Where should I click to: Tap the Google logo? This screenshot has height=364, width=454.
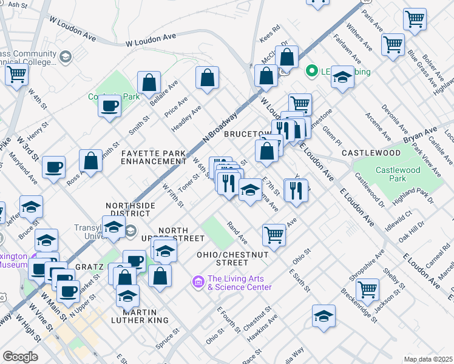click(x=20, y=357)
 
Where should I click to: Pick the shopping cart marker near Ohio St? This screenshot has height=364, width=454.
click(x=274, y=234)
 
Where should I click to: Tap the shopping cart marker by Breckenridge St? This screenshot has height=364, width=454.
click(x=368, y=289)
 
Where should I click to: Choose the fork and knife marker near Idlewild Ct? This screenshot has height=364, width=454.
click(x=297, y=190)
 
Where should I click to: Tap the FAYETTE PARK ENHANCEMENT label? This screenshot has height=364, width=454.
click(x=154, y=158)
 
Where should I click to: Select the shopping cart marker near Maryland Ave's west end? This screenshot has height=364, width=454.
click(x=16, y=75)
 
